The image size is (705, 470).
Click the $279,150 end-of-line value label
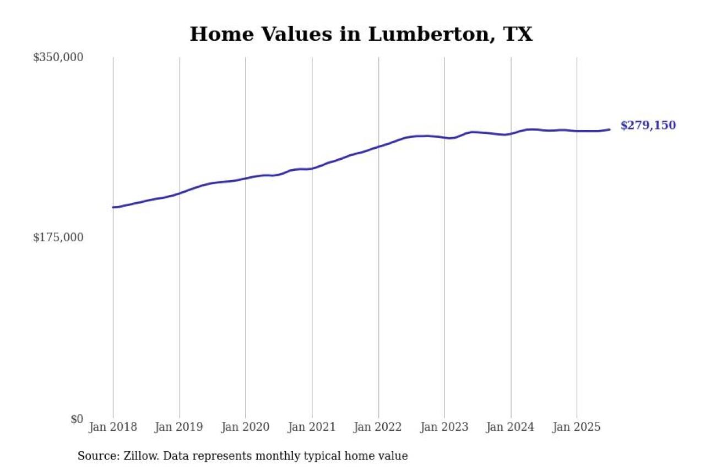(648, 126)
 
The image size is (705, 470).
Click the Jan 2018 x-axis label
(113, 427)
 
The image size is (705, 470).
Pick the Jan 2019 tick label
(179, 427)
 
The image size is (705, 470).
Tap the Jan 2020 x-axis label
(245, 427)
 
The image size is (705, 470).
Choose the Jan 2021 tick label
(312, 427)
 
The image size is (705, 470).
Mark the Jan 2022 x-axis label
(378, 427)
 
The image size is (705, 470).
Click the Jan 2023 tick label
(444, 427)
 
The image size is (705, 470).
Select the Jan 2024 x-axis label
(511, 427)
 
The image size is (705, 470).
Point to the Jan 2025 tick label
(577, 427)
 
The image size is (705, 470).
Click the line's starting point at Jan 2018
(113, 207)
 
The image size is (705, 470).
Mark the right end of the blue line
(609, 129)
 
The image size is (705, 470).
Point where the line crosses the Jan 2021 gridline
(312, 169)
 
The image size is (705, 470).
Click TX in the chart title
(518, 34)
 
